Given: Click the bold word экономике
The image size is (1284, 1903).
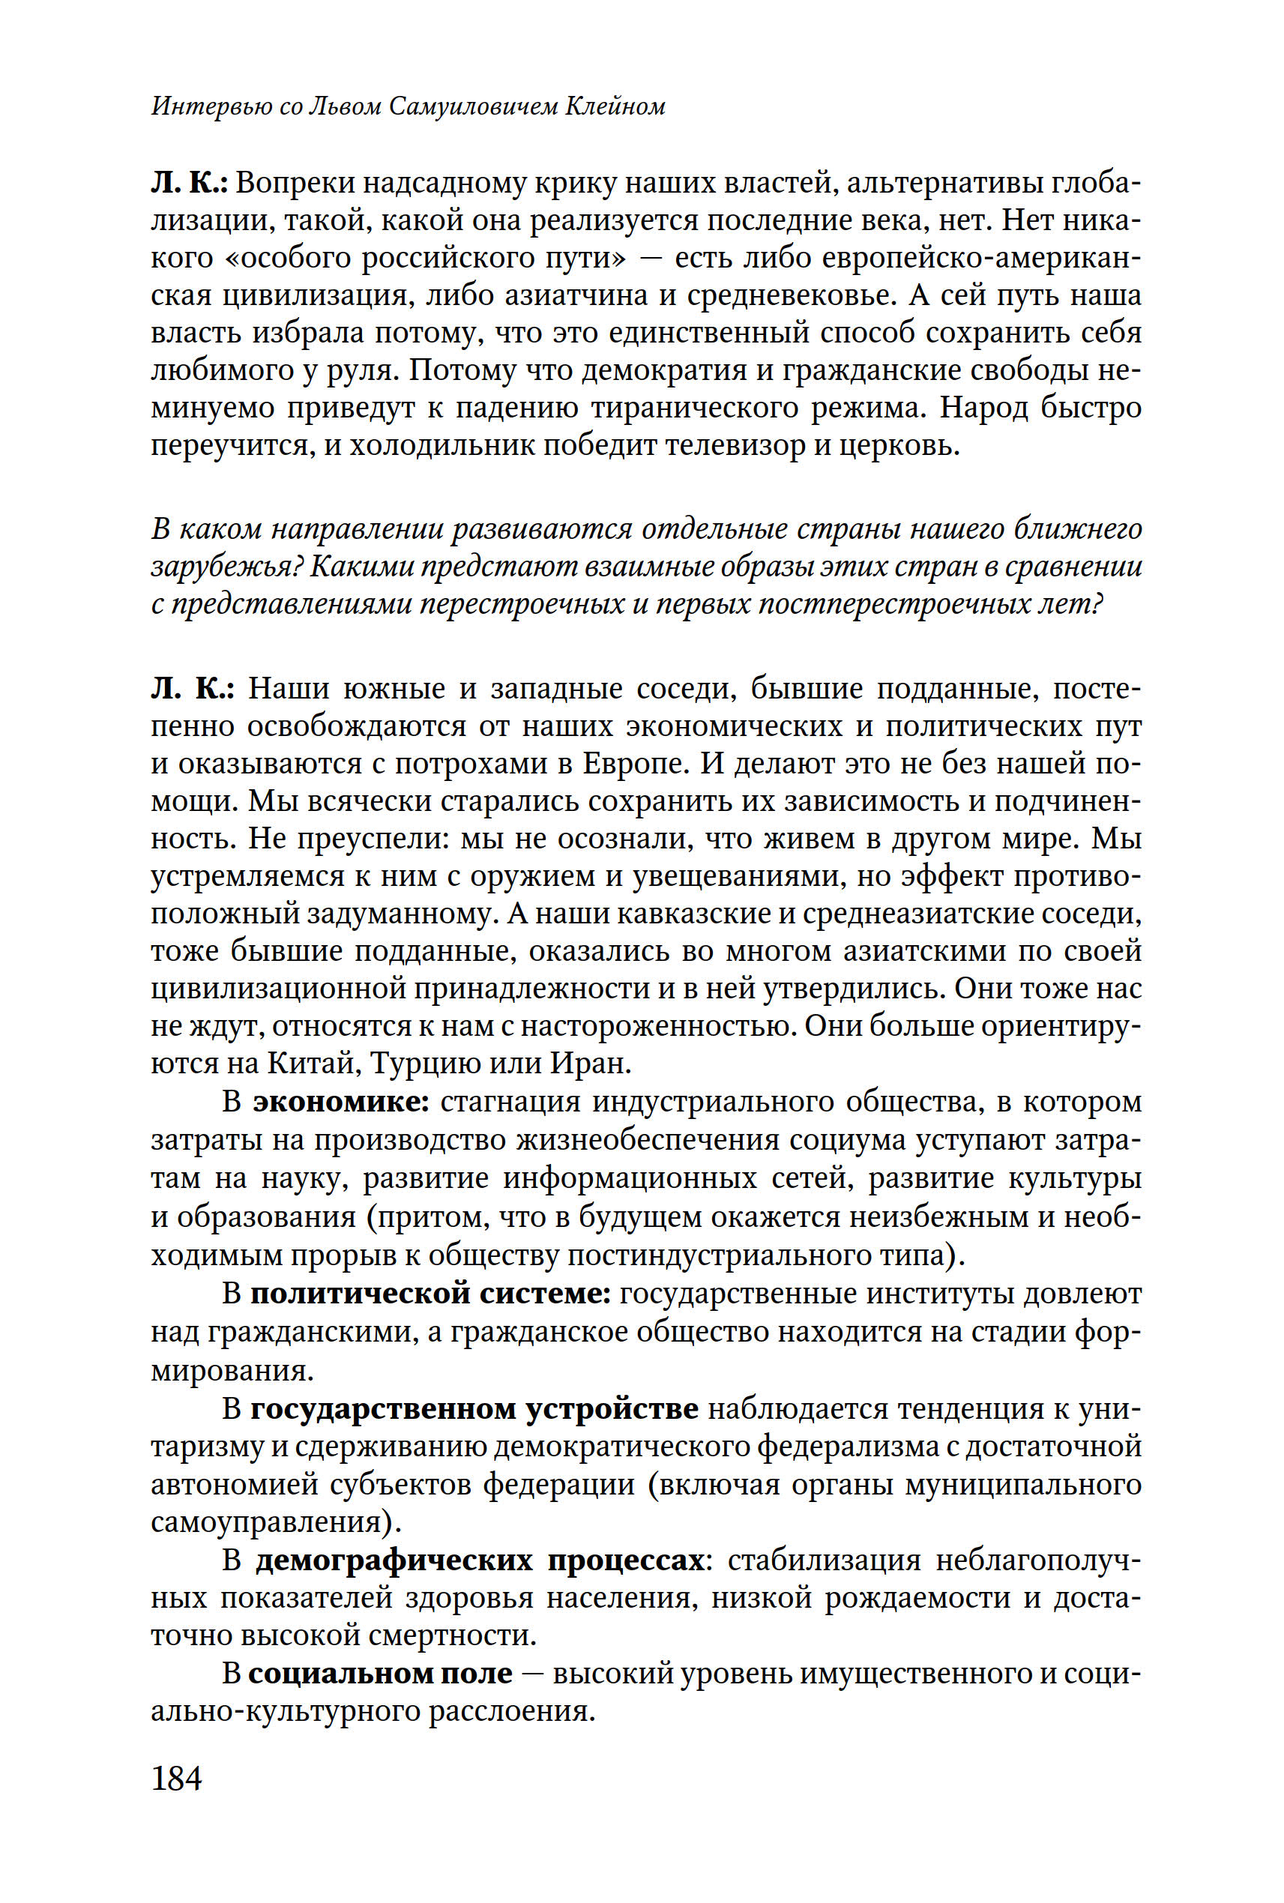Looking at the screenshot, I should [342, 1103].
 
